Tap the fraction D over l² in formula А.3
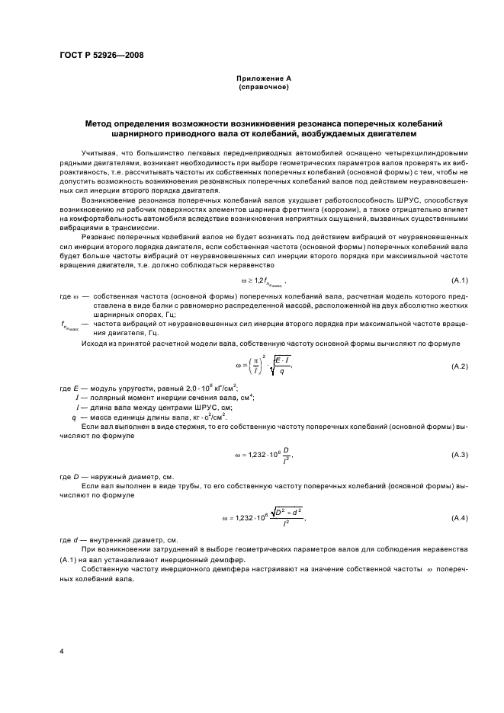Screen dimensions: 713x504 (286, 456)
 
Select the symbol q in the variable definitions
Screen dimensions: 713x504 (75, 417)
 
